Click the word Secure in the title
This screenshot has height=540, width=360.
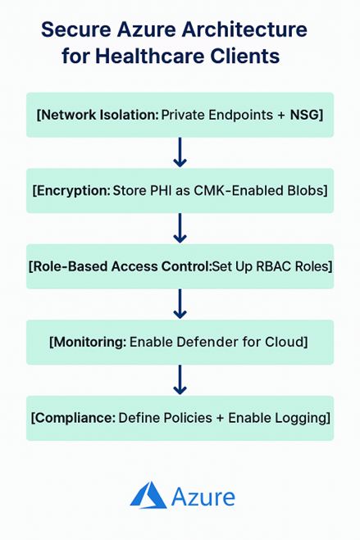(75, 29)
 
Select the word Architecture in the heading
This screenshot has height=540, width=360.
(244, 29)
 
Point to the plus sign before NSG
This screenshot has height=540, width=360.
(281, 116)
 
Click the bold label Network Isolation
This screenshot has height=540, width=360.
(99, 115)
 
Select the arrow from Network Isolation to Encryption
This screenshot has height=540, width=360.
(180, 152)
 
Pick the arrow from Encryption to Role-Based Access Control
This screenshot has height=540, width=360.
(180, 229)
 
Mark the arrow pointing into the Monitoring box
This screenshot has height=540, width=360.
(180, 304)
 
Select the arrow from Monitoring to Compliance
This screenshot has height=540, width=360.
(180, 380)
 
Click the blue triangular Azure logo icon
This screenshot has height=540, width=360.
(148, 495)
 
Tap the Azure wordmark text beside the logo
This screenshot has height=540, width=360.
(203, 497)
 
